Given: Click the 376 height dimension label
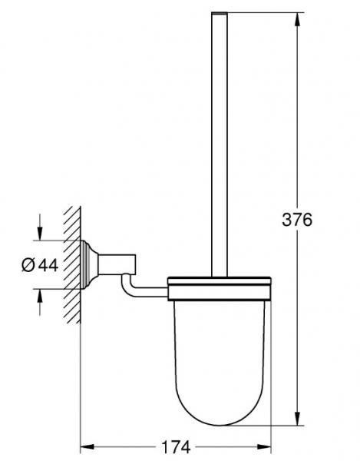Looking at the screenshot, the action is coord(297,220).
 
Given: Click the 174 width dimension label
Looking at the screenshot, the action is coord(177,447).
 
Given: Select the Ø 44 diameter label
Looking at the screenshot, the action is coord(40,265).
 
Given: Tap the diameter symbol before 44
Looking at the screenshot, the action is coord(28,265).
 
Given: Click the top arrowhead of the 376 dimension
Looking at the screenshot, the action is coord(298,19).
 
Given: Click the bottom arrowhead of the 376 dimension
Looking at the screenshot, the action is coord(298,418).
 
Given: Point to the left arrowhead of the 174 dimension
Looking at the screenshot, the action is coord(88,447).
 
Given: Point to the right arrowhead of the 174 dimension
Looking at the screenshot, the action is coord(264,447).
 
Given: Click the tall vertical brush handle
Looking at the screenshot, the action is coord(220,144).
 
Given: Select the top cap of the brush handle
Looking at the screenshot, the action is coord(220,13).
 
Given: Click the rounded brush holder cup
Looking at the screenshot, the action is coord(220,363).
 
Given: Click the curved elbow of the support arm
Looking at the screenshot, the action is coord(127,287).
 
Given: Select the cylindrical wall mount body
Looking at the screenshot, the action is coord(117,264).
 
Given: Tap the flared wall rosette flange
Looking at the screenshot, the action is coord(89,264).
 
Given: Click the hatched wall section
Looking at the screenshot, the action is coord(72,264).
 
